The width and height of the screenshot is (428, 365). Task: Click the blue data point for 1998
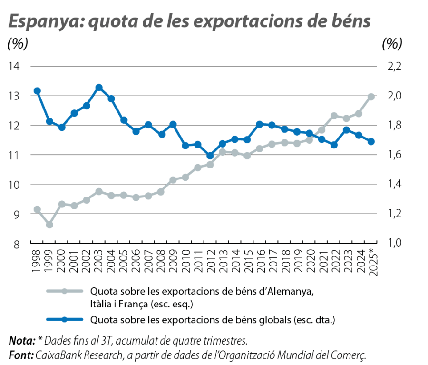37,91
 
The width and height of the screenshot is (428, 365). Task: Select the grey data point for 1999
49,224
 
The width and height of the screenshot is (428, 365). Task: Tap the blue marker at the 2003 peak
99,88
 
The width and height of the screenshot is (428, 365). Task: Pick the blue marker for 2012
210,156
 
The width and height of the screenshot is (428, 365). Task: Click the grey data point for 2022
334,116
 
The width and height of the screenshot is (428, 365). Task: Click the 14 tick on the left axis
16,66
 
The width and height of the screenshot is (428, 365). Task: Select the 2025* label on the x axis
372,263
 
